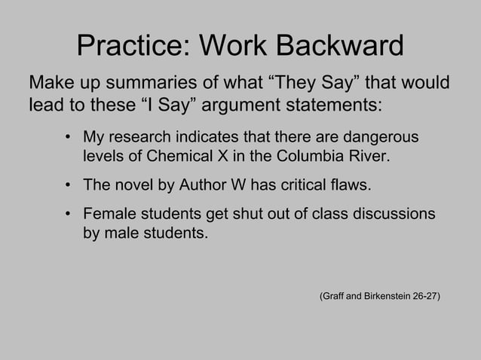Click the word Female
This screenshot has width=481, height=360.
click(106, 214)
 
